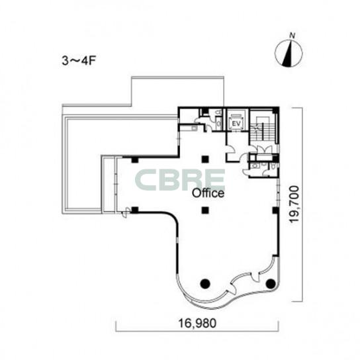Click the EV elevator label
236,124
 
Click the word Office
208,193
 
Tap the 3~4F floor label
79,61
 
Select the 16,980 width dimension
197,323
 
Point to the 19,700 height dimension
294,204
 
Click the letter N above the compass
292,36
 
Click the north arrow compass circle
289,54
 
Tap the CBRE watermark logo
180,180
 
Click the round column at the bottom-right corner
270,284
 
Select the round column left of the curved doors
205,284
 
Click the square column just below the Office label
205,210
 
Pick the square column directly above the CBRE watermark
205,159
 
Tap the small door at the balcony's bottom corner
125,212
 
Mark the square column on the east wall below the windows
275,210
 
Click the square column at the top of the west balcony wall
135,159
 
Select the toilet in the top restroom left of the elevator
218,112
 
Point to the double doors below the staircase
263,150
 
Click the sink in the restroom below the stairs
254,165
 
